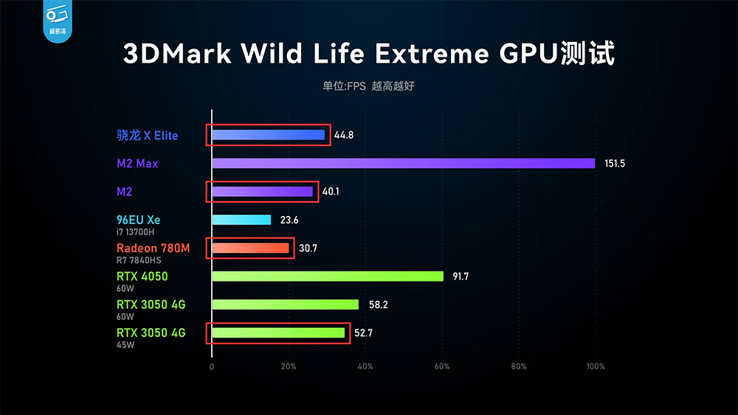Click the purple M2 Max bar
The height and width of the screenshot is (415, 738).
403,163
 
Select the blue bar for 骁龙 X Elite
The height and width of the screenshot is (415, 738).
269,135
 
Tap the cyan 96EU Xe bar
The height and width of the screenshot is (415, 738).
241,220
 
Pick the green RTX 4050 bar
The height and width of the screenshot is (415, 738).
328,276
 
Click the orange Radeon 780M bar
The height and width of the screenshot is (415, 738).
250,248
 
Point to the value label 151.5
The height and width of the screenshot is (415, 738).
615,164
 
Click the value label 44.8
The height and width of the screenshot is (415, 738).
344,136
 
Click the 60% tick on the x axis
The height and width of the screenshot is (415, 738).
442,366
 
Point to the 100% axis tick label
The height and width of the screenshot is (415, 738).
596,366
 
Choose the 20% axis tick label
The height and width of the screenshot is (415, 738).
289,366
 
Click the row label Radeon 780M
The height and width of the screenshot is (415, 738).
153,248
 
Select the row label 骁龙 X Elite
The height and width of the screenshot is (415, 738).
148,136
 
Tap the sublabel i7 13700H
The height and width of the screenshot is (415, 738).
137,232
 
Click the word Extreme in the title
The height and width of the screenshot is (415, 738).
431,55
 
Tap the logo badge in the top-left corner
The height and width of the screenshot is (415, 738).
56,21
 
